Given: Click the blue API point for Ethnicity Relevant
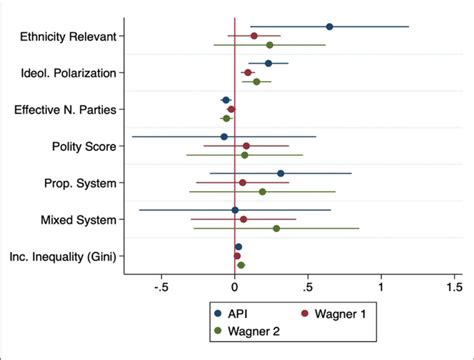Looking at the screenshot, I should pyautogui.click(x=329, y=27).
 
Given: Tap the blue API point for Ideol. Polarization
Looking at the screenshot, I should pyautogui.click(x=268, y=64).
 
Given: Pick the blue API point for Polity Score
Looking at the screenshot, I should pyautogui.click(x=224, y=137).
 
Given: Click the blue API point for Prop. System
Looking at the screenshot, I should pyautogui.click(x=281, y=173).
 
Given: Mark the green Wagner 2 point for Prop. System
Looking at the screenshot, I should pyautogui.click(x=263, y=191).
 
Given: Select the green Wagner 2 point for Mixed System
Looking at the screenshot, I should pyautogui.click(x=276, y=228).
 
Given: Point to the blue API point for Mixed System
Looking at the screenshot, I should pyautogui.click(x=235, y=210).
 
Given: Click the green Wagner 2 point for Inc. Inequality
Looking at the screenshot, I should pyautogui.click(x=241, y=265).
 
